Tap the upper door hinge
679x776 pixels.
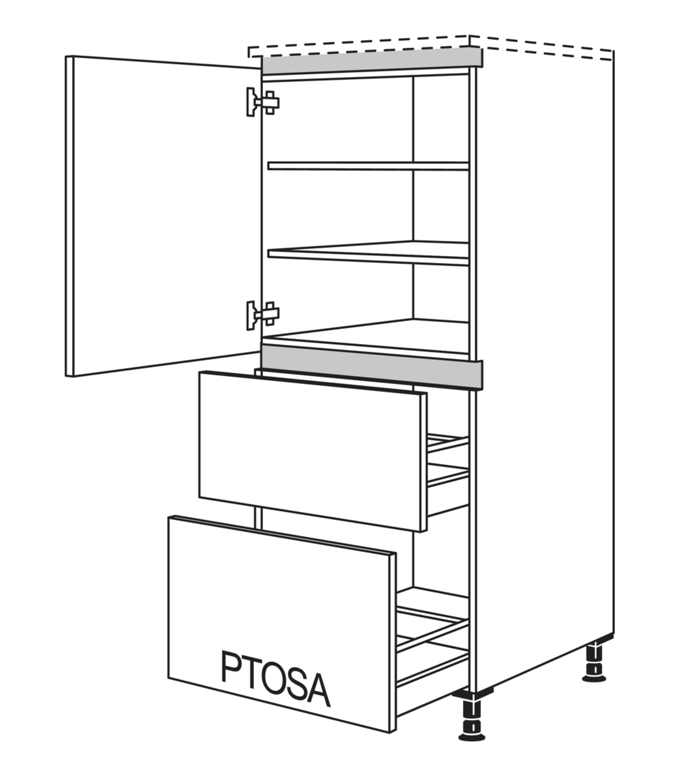click(x=263, y=102)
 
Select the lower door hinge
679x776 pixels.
click(x=263, y=315)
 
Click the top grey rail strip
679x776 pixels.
click(x=372, y=60)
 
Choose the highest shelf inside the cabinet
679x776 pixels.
click(x=368, y=166)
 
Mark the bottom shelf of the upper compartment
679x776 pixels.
click(x=366, y=337)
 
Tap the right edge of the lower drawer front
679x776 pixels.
click(x=392, y=642)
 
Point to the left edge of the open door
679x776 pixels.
click(x=70, y=216)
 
